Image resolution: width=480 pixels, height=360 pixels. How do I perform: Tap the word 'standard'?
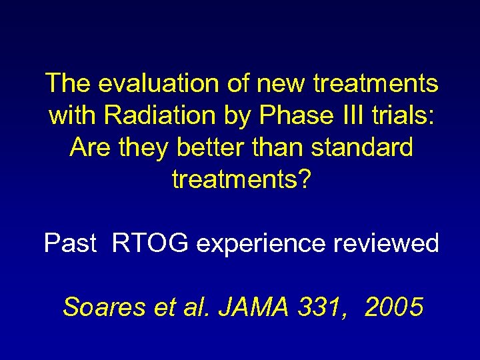click(x=363, y=147)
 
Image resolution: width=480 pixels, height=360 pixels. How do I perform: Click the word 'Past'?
click(x=71, y=243)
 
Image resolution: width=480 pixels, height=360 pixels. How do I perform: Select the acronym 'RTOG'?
click(x=151, y=243)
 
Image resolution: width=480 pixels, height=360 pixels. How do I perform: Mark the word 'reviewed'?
click(x=389, y=243)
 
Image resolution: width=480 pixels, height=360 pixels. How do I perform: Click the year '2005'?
click(x=394, y=307)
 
